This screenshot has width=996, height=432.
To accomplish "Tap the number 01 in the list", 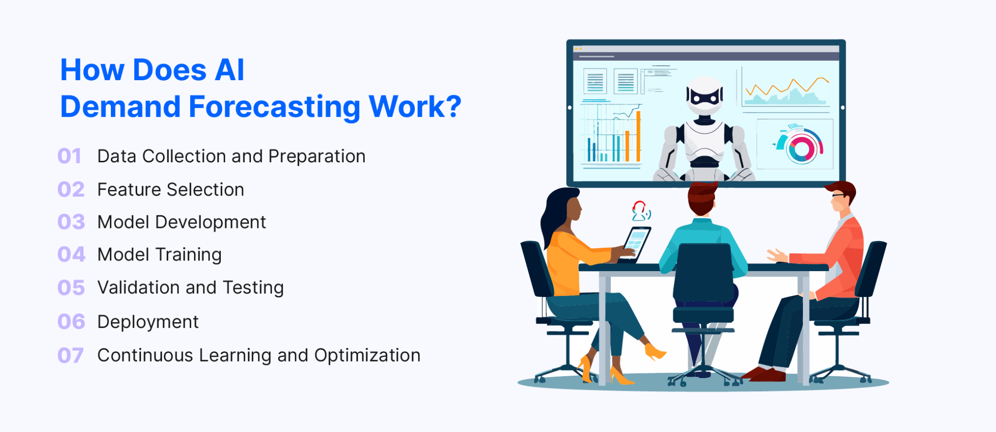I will (69, 156).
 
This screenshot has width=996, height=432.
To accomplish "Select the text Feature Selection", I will (170, 190).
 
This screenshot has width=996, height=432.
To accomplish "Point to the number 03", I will (71, 222).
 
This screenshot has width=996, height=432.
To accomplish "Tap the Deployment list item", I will (148, 322).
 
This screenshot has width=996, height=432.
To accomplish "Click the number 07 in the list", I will (71, 356).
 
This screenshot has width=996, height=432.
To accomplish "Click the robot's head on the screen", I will (704, 95).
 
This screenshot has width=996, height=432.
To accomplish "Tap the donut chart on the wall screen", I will (800, 147).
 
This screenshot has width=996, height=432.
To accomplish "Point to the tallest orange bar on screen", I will (638, 136).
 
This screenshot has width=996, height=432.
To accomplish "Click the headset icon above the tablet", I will (640, 211).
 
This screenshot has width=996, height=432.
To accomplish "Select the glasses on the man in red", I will (838, 195).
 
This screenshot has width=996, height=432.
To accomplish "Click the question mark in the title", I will (453, 107).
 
